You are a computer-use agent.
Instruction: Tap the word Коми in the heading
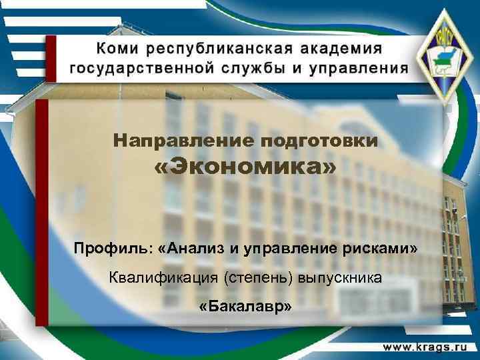[x=119, y=49]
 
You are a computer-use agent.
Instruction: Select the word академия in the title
[x=339, y=49]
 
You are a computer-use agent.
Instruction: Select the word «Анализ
[x=190, y=249]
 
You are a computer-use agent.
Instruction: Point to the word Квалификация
[x=163, y=278]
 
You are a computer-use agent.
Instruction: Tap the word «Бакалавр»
[x=245, y=307]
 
